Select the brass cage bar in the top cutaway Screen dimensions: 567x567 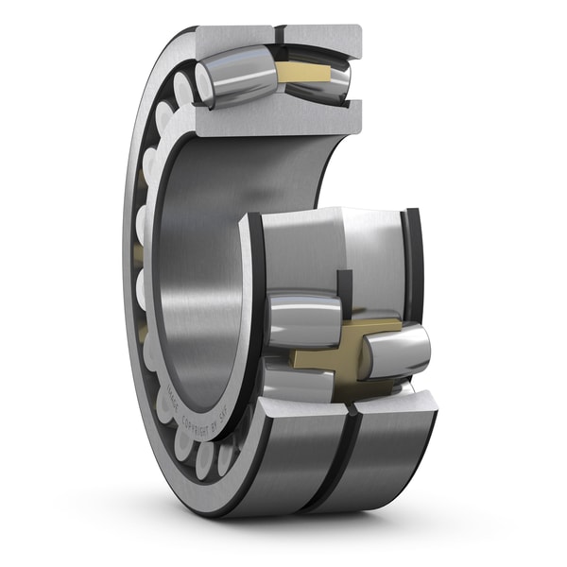305,72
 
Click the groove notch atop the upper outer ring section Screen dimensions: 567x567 281,35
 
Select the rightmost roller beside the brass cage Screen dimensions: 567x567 397,350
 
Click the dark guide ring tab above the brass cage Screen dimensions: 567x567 344,288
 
